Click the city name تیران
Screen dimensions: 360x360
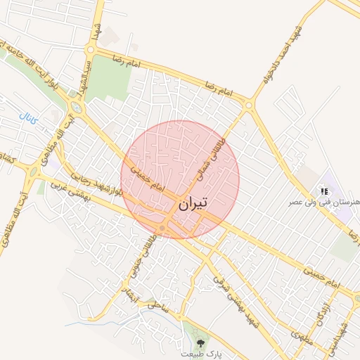[x=191, y=205]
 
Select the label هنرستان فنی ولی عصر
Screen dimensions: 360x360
[x=323, y=202]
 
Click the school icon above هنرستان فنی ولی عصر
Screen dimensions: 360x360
[x=323, y=191]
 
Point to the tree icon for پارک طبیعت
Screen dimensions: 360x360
[x=201, y=343]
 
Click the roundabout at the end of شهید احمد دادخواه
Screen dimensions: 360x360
[x=249, y=105]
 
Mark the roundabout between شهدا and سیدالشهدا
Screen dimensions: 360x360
[x=90, y=49]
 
